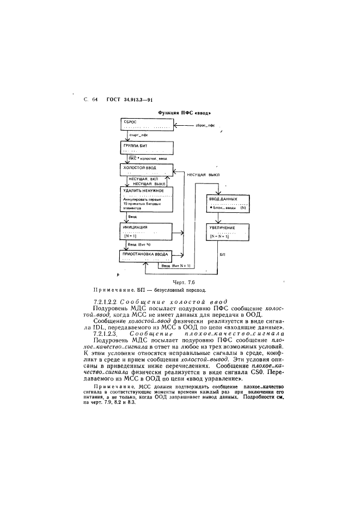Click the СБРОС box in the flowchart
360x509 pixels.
[147, 124]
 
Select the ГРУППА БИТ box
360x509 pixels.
[147, 148]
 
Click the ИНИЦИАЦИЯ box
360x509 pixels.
[147, 231]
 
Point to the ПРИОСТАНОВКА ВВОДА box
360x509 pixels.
[147, 256]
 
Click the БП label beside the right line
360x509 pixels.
[222, 254]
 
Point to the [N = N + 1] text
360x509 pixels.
[220, 237]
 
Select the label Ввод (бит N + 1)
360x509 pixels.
[173, 266]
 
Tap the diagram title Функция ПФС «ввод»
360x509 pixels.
[184, 113]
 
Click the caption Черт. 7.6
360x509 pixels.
[183, 282]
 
